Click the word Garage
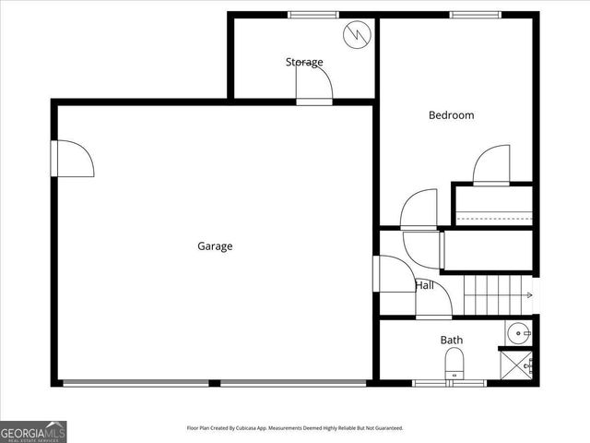coord(215,246)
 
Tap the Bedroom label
coord(451,115)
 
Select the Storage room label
coord(304,62)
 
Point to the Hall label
coord(425,285)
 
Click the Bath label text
coord(451,340)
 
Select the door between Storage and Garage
coord(313,85)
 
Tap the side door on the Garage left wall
coord(73,158)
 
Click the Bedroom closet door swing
coord(492,164)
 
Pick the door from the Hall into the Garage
coord(395,274)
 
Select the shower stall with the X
coord(516,365)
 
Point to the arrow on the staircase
coord(526,295)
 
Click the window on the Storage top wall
coord(313,15)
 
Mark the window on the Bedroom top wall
coord(475,15)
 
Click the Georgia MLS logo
coord(33,431)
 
